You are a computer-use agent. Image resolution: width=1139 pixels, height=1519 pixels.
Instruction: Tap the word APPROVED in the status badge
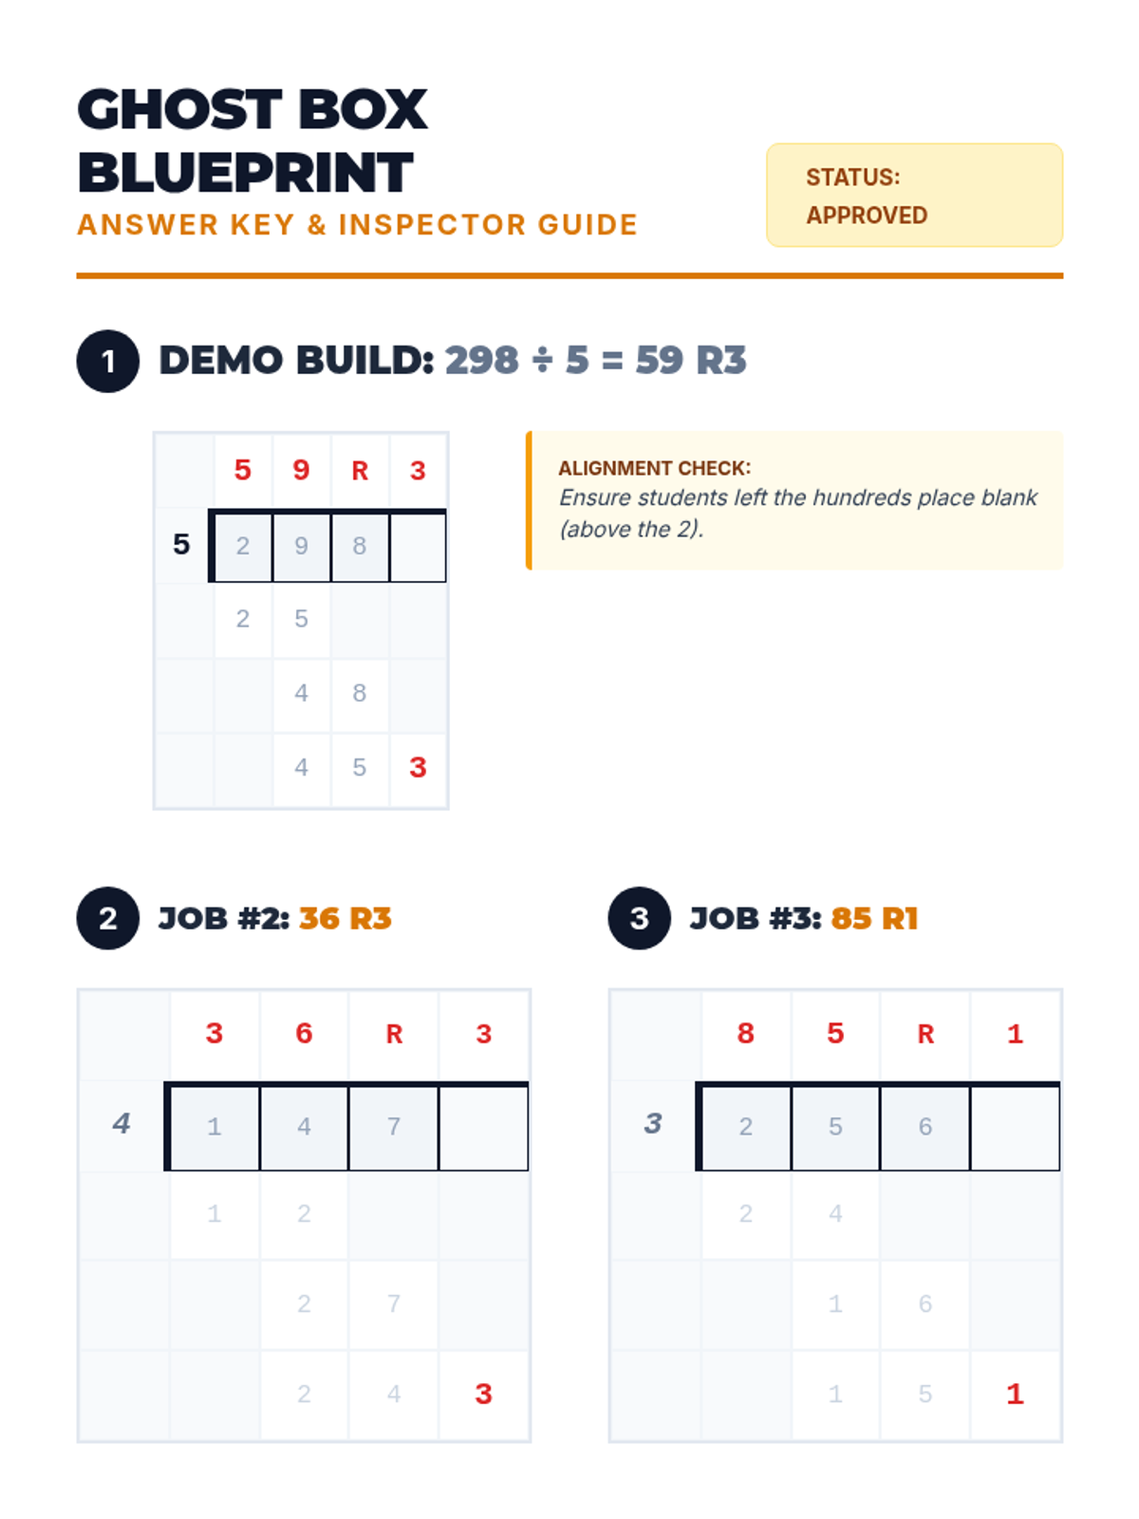(866, 216)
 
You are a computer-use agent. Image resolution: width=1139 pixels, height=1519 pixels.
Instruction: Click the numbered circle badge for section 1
(108, 362)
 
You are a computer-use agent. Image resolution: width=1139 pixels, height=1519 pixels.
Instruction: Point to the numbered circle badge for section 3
(639, 918)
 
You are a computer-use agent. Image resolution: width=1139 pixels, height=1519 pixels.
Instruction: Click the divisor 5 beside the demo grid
(181, 544)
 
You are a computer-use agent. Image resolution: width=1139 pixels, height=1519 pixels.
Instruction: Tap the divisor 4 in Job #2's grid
(121, 1123)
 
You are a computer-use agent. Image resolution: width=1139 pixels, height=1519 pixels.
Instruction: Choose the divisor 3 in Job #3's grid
(653, 1123)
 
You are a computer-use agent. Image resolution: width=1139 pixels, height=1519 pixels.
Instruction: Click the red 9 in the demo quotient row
(301, 470)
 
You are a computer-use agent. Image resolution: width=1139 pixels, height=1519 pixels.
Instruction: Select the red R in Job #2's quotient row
(394, 1034)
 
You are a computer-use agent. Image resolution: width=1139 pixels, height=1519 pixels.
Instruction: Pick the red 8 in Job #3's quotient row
(745, 1033)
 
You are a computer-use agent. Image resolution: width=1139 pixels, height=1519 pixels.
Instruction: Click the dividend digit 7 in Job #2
(394, 1126)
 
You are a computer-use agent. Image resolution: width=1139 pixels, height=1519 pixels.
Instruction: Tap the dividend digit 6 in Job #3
(925, 1126)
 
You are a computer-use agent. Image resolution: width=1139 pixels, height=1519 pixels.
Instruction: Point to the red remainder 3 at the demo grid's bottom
(418, 767)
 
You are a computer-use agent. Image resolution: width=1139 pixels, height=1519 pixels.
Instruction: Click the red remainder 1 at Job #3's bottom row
(1015, 1394)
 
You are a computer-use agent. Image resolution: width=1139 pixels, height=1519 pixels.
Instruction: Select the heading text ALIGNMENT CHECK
(654, 468)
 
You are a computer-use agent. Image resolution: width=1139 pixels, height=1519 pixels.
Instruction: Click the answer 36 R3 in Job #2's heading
(345, 918)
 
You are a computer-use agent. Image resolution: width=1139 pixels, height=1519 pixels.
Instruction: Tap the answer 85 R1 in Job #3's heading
(874, 918)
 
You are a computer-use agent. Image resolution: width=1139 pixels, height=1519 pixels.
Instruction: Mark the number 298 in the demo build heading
(482, 360)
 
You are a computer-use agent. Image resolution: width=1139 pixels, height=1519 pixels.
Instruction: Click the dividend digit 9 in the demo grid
(301, 546)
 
